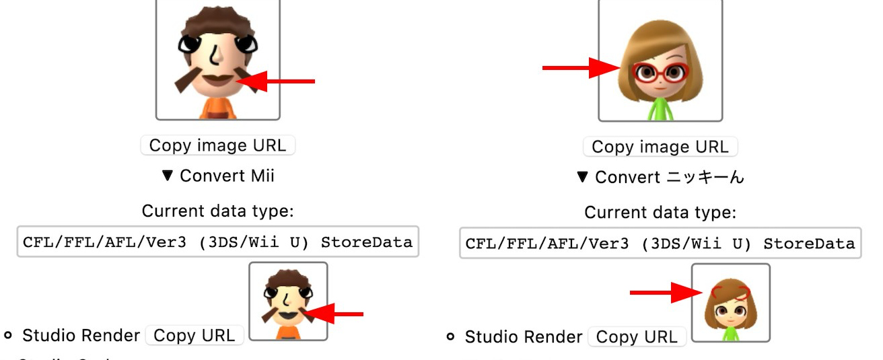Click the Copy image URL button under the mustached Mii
coord(217,145)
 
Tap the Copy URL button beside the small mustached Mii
coord(195,336)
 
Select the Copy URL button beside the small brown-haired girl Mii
coord(637,337)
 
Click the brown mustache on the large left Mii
coord(217,81)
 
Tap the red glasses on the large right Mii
coord(660,72)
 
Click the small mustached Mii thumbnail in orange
coord(288,301)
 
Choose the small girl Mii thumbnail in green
coord(730,303)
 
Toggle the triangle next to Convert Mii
coord(168,176)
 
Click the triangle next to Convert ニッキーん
coord(583,178)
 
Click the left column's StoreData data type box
coord(217,242)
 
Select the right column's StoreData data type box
coord(660,243)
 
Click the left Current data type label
coord(217,211)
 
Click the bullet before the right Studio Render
coord(450,336)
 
